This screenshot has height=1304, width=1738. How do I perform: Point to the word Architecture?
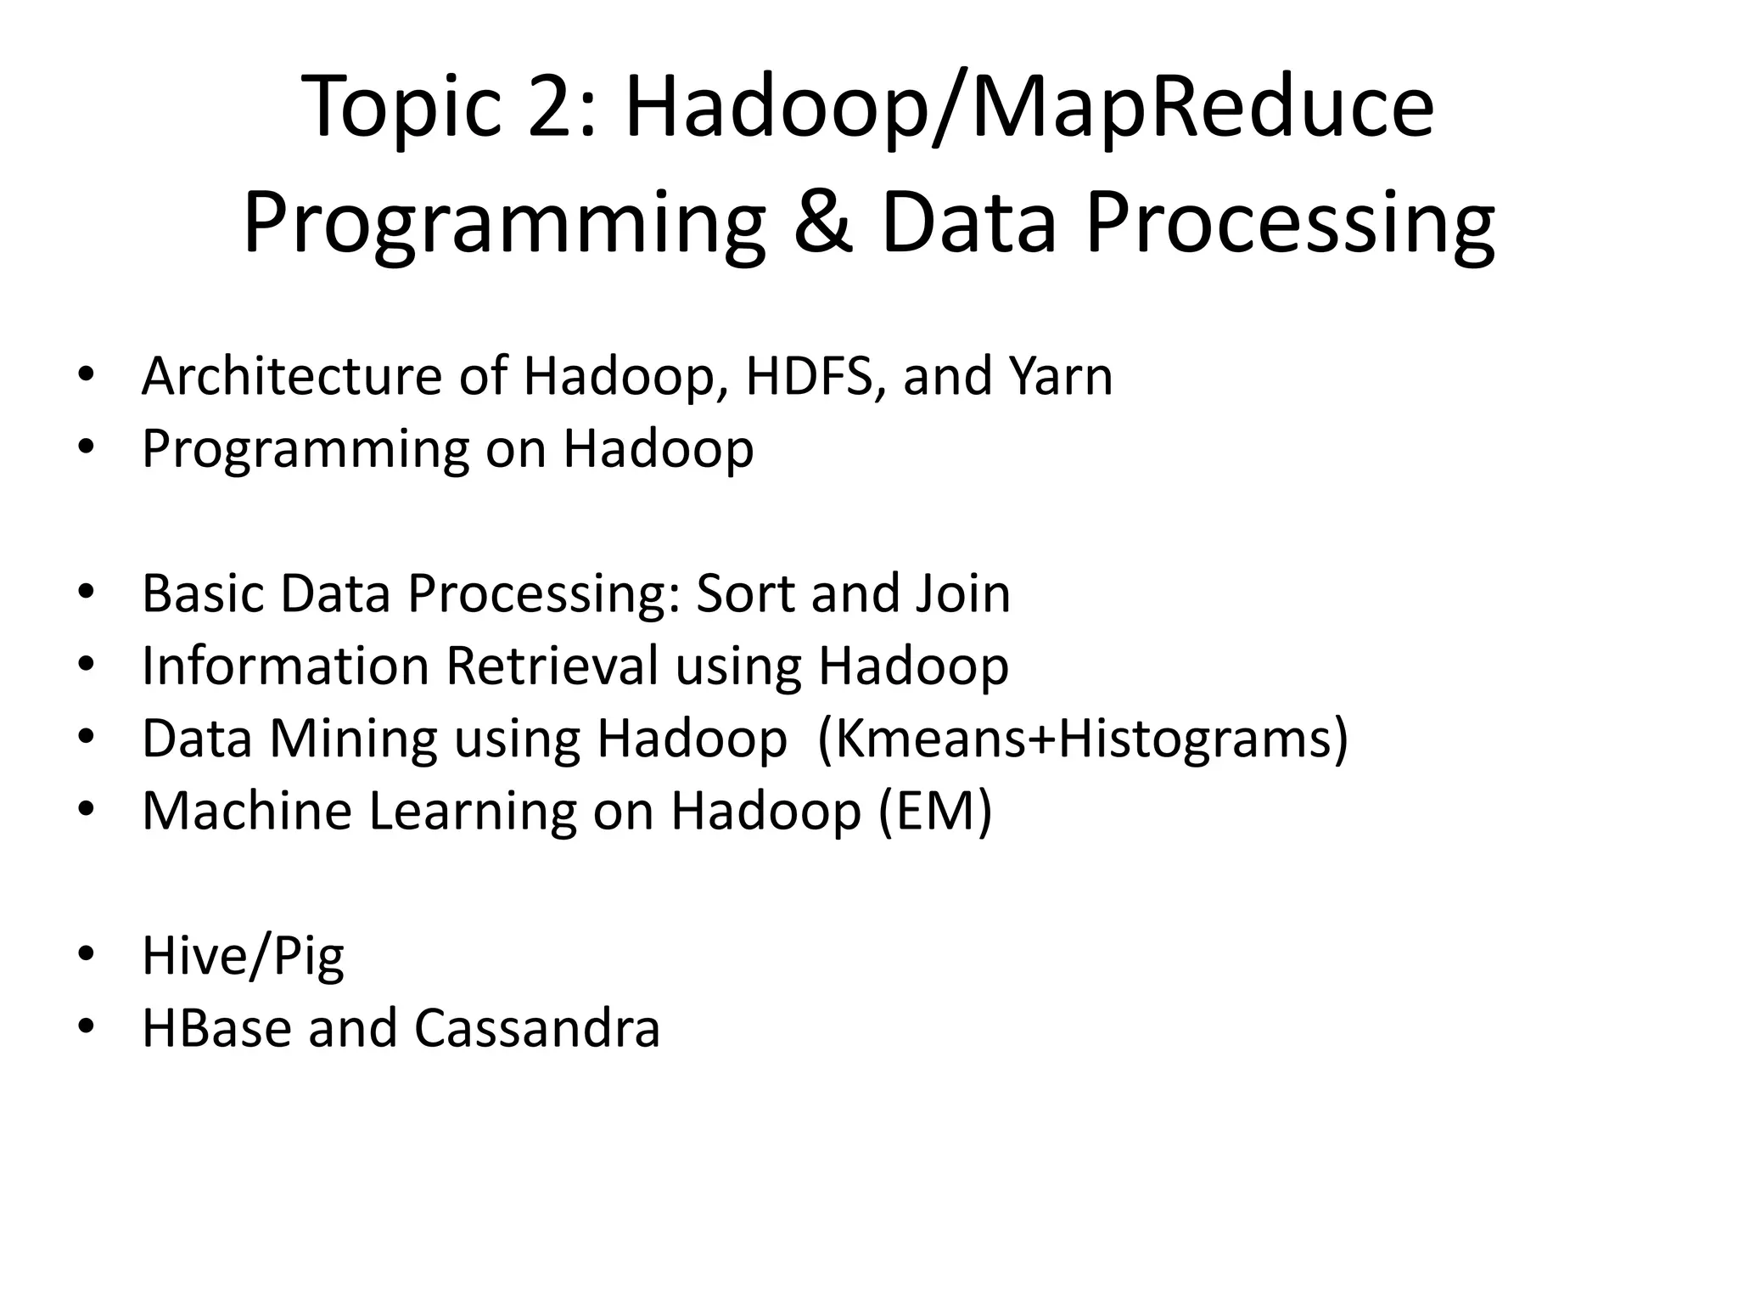pos(291,376)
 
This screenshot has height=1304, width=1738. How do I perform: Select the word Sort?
pos(744,593)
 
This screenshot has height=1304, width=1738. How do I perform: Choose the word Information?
pos(285,666)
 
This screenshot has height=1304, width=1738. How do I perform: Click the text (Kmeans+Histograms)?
pos(1083,739)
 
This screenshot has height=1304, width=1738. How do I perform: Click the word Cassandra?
pos(536,1028)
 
